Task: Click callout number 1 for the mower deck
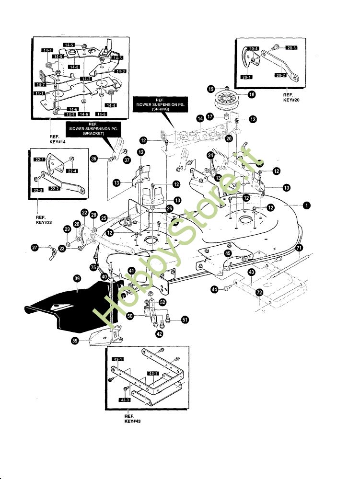(305, 205)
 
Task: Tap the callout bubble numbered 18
(252, 95)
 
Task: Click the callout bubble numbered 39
(77, 278)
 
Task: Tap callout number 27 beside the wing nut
(35, 248)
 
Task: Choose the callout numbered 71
(299, 248)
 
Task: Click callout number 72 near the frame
(259, 292)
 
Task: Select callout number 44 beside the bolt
(214, 289)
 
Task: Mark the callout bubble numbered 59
(75, 341)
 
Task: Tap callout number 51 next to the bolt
(185, 319)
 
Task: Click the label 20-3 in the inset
(292, 47)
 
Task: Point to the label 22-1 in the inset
(39, 160)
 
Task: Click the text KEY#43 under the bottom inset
(132, 421)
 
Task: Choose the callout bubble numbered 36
(93, 159)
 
